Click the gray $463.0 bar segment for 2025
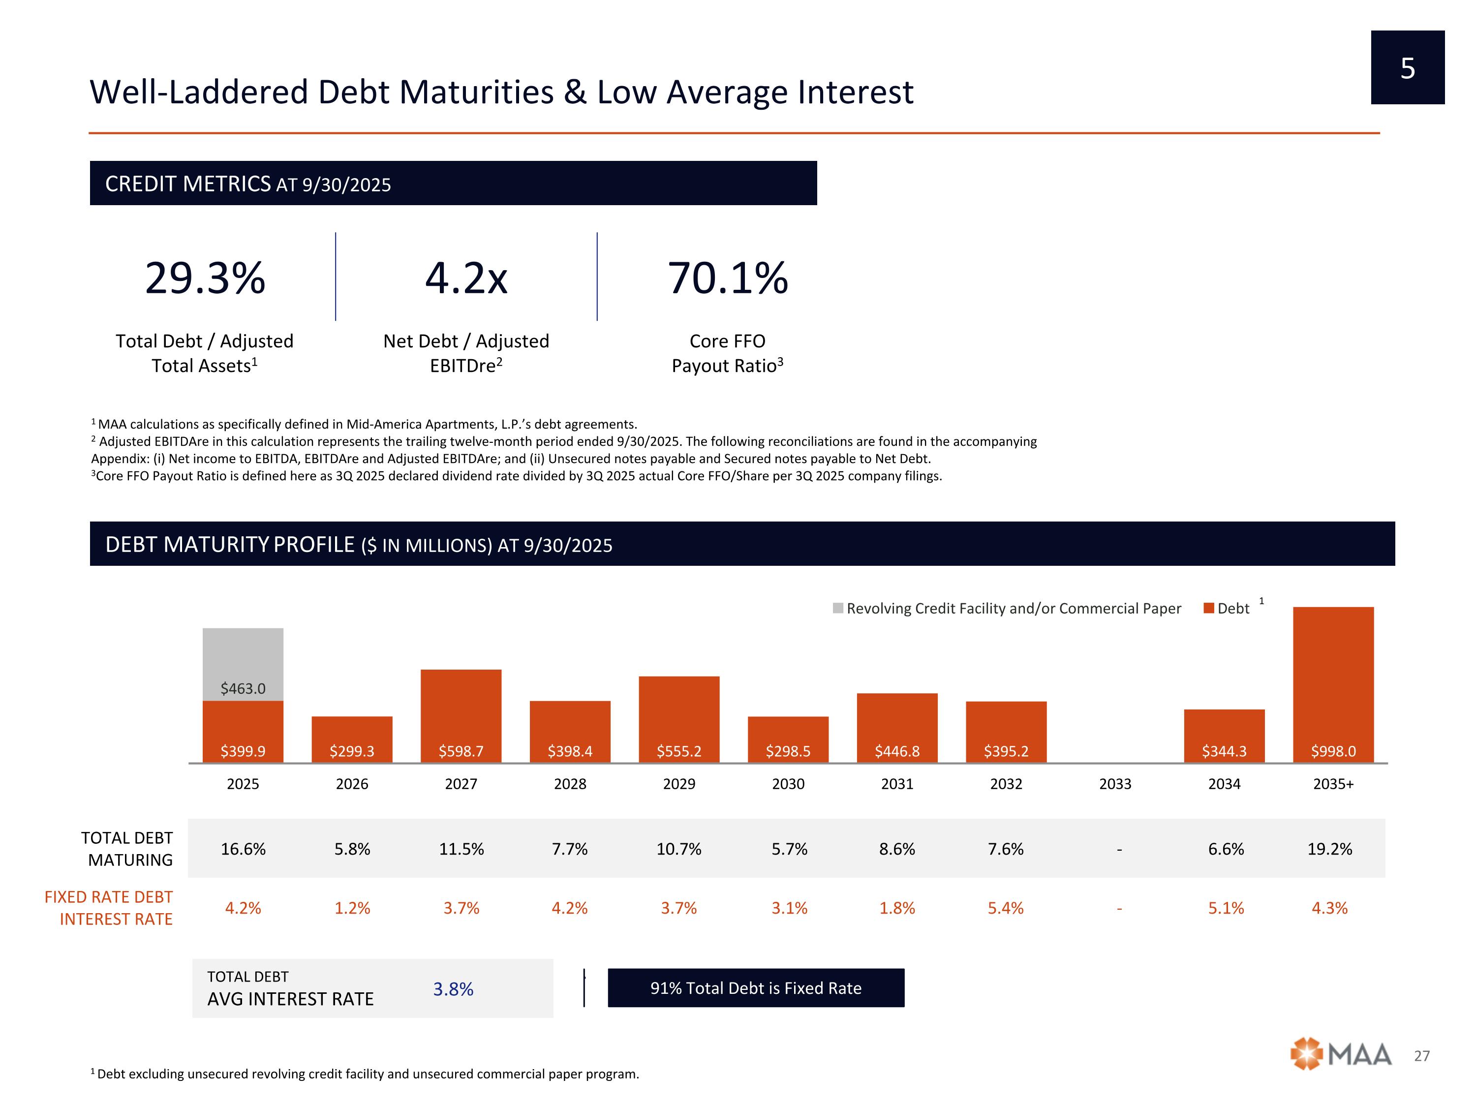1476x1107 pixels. (x=243, y=664)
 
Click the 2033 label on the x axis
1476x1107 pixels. (x=1115, y=784)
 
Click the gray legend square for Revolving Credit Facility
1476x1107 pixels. (x=838, y=609)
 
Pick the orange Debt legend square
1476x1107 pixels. (x=1208, y=609)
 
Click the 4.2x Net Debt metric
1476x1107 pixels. (x=466, y=278)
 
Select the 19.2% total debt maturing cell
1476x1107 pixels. (x=1329, y=849)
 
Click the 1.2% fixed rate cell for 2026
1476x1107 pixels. (x=352, y=908)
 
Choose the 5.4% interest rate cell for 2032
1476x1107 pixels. (x=1006, y=908)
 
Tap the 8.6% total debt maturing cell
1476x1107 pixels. (x=897, y=849)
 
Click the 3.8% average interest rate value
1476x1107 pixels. (x=453, y=989)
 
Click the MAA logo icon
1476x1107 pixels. (x=1305, y=1054)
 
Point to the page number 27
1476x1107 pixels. (x=1421, y=1056)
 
